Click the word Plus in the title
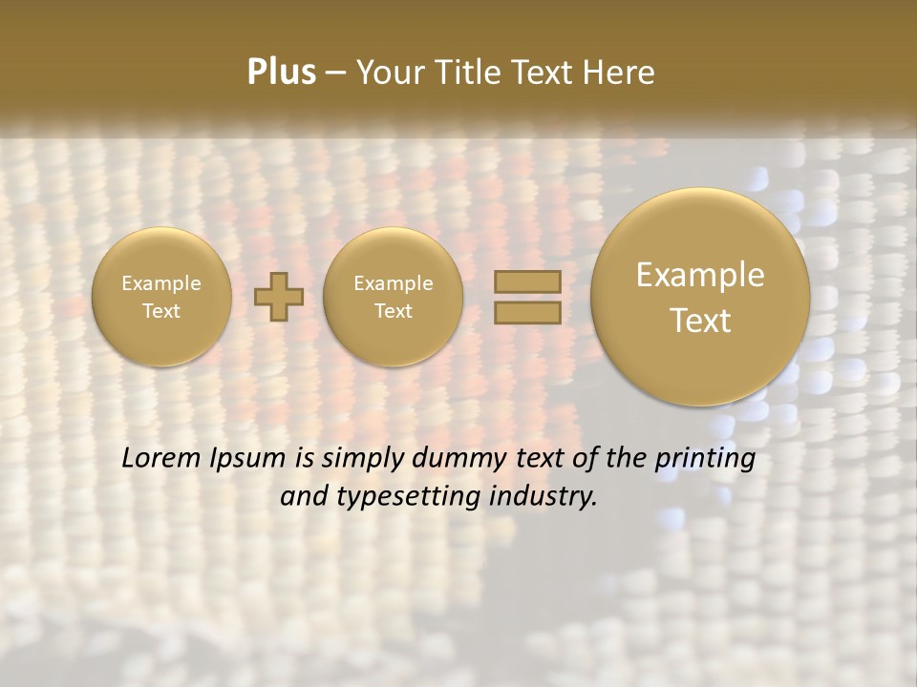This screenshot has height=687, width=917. click(281, 73)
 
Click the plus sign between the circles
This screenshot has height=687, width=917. click(279, 297)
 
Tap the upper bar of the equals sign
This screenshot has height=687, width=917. click(526, 281)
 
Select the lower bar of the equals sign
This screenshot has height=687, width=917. click(526, 311)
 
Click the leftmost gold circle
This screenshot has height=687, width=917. click(161, 297)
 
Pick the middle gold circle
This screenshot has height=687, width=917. click(393, 297)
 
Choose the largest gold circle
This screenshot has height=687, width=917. click(700, 297)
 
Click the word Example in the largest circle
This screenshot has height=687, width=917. click(700, 275)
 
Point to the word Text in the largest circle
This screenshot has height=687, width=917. click(700, 321)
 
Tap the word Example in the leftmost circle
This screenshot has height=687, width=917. click(161, 283)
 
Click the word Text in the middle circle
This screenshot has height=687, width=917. click(393, 311)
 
